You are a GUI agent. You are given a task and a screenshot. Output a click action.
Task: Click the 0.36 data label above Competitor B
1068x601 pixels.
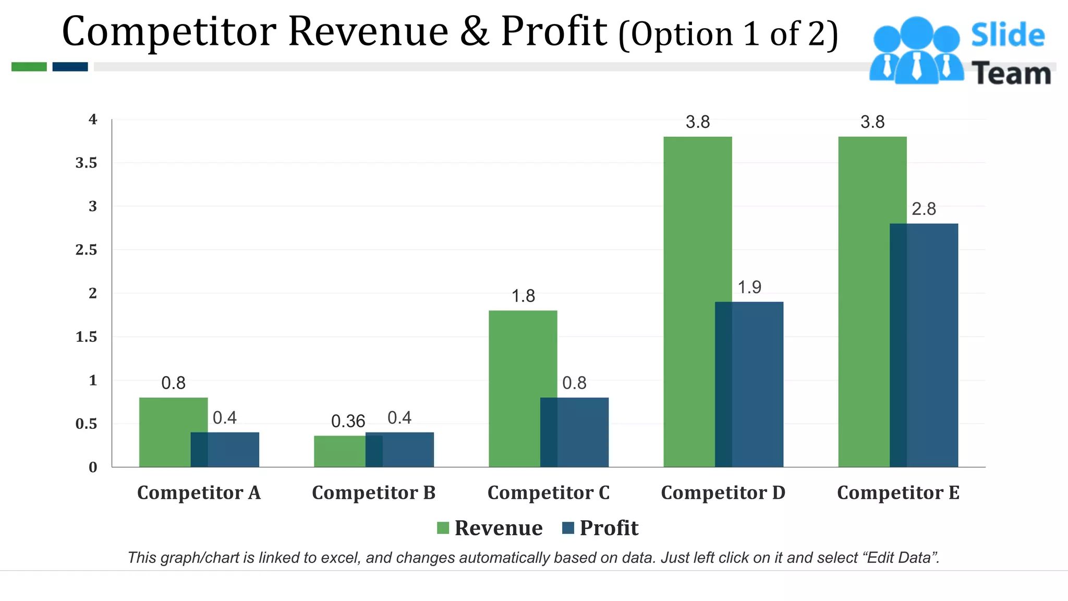(x=348, y=422)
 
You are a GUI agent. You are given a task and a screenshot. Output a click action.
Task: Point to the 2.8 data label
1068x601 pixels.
(x=924, y=209)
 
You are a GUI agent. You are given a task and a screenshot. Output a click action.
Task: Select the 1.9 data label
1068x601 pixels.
(x=749, y=287)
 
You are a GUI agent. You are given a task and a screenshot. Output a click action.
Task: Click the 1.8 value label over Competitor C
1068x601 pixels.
(x=523, y=296)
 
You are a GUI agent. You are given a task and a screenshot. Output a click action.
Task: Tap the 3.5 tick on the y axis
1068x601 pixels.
(x=86, y=163)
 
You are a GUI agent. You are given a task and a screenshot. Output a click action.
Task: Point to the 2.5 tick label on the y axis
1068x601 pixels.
(x=86, y=250)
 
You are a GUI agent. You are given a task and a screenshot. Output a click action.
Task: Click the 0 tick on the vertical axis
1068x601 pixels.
(x=93, y=467)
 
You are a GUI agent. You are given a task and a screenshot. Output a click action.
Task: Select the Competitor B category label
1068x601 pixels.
(x=373, y=493)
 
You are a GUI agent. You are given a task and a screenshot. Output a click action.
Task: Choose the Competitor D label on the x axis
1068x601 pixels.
(x=723, y=493)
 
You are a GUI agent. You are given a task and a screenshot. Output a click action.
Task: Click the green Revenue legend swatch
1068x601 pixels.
(x=443, y=528)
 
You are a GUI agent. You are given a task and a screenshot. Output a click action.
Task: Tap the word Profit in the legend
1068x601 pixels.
(x=609, y=528)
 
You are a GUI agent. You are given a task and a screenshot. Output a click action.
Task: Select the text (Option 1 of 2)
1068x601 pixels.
(x=728, y=34)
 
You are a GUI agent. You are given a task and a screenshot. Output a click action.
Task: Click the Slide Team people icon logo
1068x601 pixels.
(x=916, y=51)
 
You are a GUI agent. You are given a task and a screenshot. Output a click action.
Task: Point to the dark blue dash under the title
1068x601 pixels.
(x=70, y=67)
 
